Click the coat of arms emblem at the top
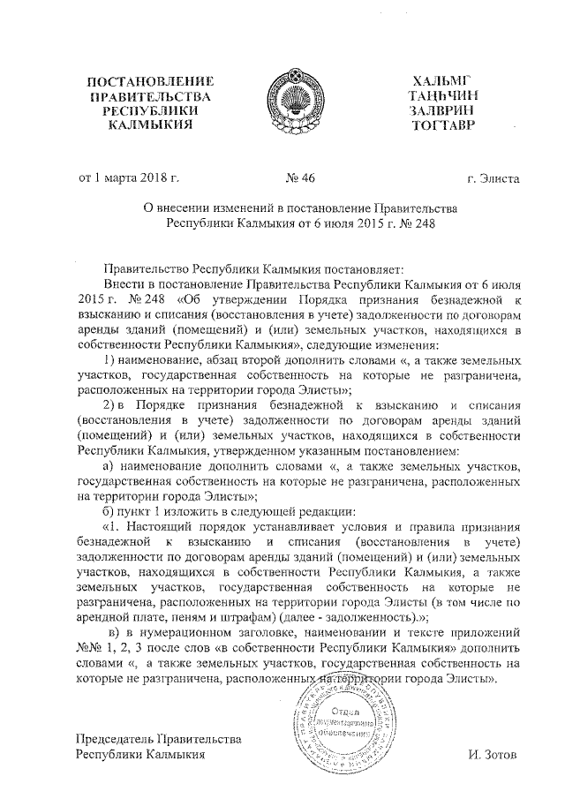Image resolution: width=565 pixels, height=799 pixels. pyautogui.click(x=294, y=105)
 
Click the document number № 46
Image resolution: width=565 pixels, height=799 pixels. pyautogui.click(x=301, y=177)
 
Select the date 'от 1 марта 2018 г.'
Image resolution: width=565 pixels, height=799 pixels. pyautogui.click(x=130, y=177)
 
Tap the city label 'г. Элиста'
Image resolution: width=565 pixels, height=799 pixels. pyautogui.click(x=494, y=178)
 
